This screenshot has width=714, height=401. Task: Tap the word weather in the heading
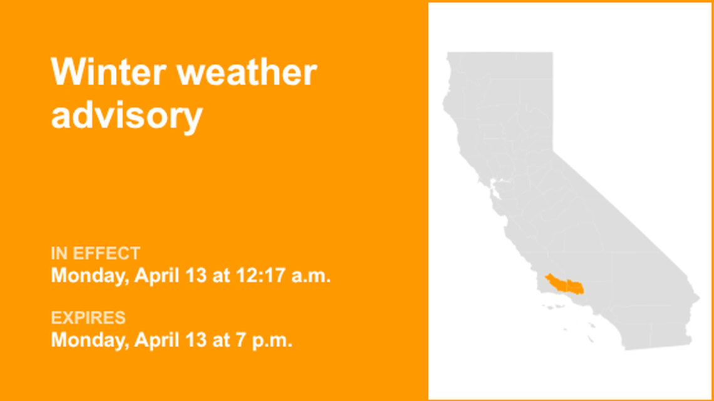(247, 73)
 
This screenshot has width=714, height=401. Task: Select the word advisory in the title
(127, 115)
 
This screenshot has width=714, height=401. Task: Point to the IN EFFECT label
(95, 254)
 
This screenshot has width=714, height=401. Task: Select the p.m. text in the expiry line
(271, 340)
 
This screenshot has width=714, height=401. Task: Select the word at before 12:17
(221, 275)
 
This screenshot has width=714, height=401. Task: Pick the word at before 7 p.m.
(221, 340)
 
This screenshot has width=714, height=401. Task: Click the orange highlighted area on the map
(563, 285)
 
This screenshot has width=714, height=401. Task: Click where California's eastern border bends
(552, 150)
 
